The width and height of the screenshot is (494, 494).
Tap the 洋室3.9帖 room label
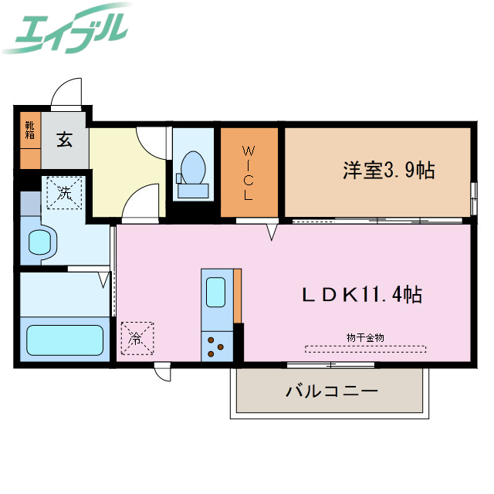388,171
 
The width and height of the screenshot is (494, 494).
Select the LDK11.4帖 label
361,294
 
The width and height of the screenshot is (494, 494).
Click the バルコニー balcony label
332,391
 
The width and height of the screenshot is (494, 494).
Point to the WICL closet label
249,172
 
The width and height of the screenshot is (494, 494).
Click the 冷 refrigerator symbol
136,337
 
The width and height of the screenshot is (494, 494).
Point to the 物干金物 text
365,337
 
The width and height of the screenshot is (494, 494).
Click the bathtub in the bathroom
65,339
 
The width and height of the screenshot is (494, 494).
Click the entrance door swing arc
66,97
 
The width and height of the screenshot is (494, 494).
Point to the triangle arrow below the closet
272,232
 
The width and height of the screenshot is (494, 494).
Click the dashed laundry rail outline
365,348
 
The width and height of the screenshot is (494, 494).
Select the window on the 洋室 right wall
472,196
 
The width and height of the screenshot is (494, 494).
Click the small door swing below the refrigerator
161,372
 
